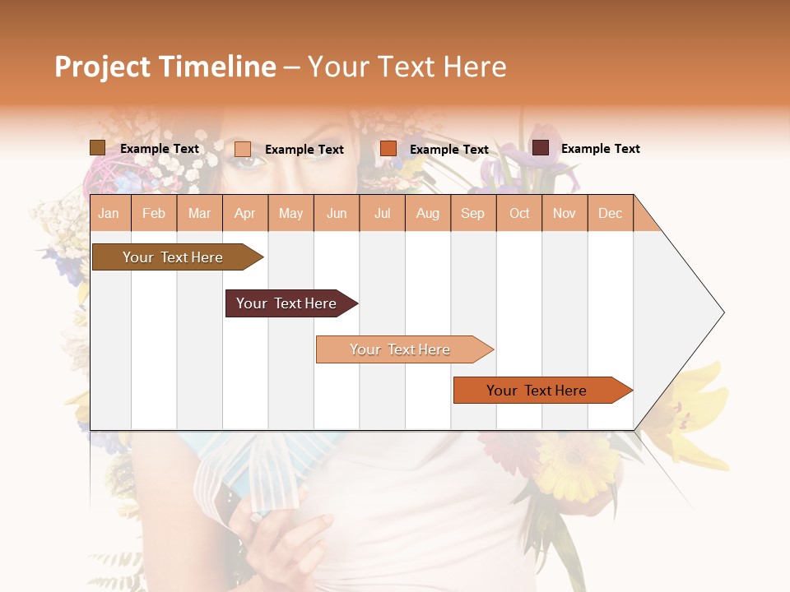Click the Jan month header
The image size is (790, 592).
(x=109, y=213)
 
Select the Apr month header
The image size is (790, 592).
(x=245, y=213)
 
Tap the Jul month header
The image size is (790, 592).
(x=382, y=213)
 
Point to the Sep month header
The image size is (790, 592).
(x=472, y=213)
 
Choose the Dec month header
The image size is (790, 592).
(x=610, y=213)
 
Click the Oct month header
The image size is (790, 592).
(x=519, y=213)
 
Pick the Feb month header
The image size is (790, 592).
(x=154, y=213)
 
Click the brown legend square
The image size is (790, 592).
(x=97, y=148)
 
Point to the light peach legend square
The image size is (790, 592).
(x=243, y=149)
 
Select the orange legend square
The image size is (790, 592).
(x=388, y=149)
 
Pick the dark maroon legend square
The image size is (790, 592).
(x=541, y=148)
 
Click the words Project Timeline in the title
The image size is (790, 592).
(x=165, y=67)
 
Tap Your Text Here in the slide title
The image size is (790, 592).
(x=407, y=67)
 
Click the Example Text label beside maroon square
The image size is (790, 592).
(x=600, y=149)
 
